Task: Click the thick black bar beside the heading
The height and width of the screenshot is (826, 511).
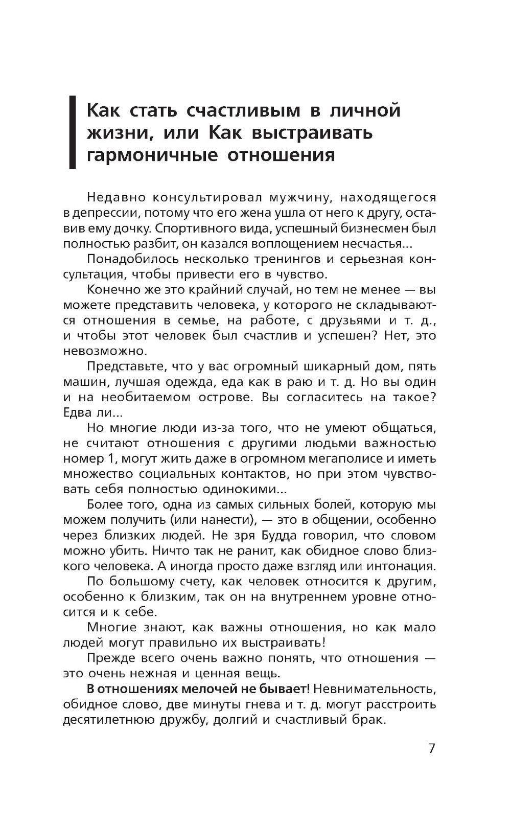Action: coord(73,132)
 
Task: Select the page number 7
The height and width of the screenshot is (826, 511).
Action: coord(431,749)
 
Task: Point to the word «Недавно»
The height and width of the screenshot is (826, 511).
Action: coord(117,197)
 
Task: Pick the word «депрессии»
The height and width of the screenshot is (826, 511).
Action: coord(104,213)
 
